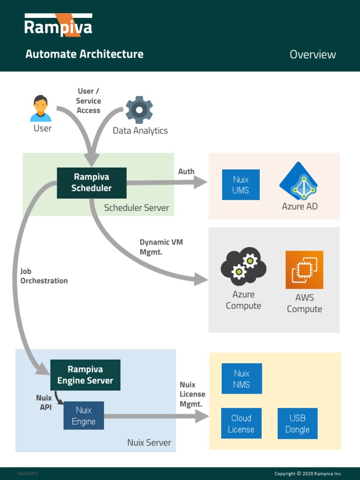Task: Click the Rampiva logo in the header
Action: click(x=58, y=26)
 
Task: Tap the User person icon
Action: click(x=41, y=108)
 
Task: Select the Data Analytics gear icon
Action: click(x=139, y=110)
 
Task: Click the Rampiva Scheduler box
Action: click(x=91, y=183)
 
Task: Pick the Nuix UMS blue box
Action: click(x=240, y=185)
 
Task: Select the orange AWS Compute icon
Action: click(x=304, y=270)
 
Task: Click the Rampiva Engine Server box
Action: click(x=85, y=375)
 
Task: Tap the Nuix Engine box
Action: click(x=83, y=415)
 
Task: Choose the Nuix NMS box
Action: click(x=241, y=379)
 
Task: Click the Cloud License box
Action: click(x=241, y=423)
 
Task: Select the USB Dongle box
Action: click(x=297, y=423)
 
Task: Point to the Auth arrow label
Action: click(x=186, y=172)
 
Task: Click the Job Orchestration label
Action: click(x=44, y=276)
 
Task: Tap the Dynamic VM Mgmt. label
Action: click(x=161, y=247)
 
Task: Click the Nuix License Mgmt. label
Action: click(x=192, y=394)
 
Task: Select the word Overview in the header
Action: click(x=313, y=54)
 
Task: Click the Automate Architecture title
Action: click(x=84, y=54)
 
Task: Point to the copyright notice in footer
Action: click(x=308, y=473)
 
